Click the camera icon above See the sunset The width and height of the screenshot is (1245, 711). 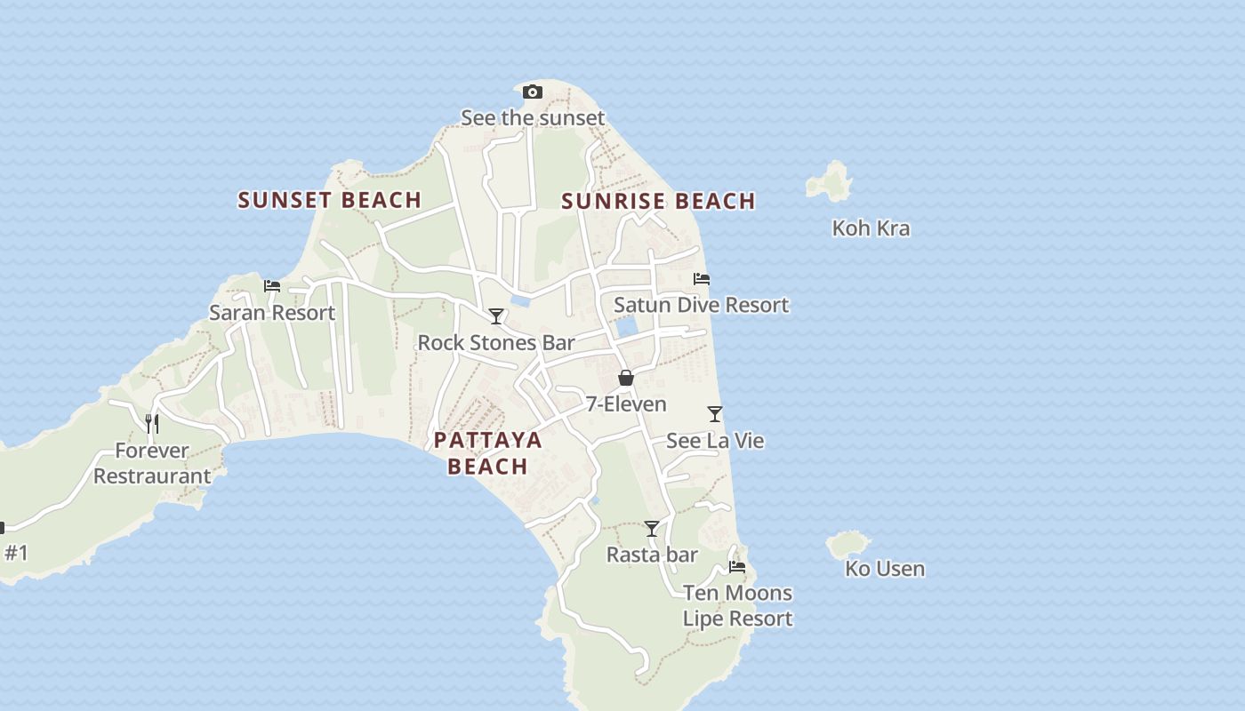[x=532, y=92]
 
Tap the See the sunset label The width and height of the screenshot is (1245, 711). [x=532, y=117]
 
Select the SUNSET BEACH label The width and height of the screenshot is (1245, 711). [x=329, y=200]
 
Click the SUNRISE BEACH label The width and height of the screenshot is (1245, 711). [x=658, y=201]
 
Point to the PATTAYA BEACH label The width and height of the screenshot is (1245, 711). [x=487, y=453]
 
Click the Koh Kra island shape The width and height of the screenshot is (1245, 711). [x=831, y=181]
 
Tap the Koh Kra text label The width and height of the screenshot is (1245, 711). [x=871, y=228]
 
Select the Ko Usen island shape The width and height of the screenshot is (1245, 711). [x=847, y=544]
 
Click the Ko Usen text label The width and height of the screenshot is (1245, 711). [x=884, y=569]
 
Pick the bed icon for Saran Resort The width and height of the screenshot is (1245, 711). [x=272, y=286]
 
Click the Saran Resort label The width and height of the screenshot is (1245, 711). [x=272, y=313]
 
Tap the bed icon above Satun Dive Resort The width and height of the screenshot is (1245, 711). [x=702, y=279]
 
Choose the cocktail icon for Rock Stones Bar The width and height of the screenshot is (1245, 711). [x=496, y=316]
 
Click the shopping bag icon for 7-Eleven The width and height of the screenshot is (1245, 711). [x=626, y=378]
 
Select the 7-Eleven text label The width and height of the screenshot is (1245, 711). [x=626, y=404]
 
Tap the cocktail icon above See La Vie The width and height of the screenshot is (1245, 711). [x=715, y=414]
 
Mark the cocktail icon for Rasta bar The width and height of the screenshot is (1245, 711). [x=652, y=529]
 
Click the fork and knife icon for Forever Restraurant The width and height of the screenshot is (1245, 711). [x=152, y=423]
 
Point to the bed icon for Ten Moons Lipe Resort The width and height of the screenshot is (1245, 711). [x=737, y=566]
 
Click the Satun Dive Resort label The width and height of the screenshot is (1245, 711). [x=701, y=305]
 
